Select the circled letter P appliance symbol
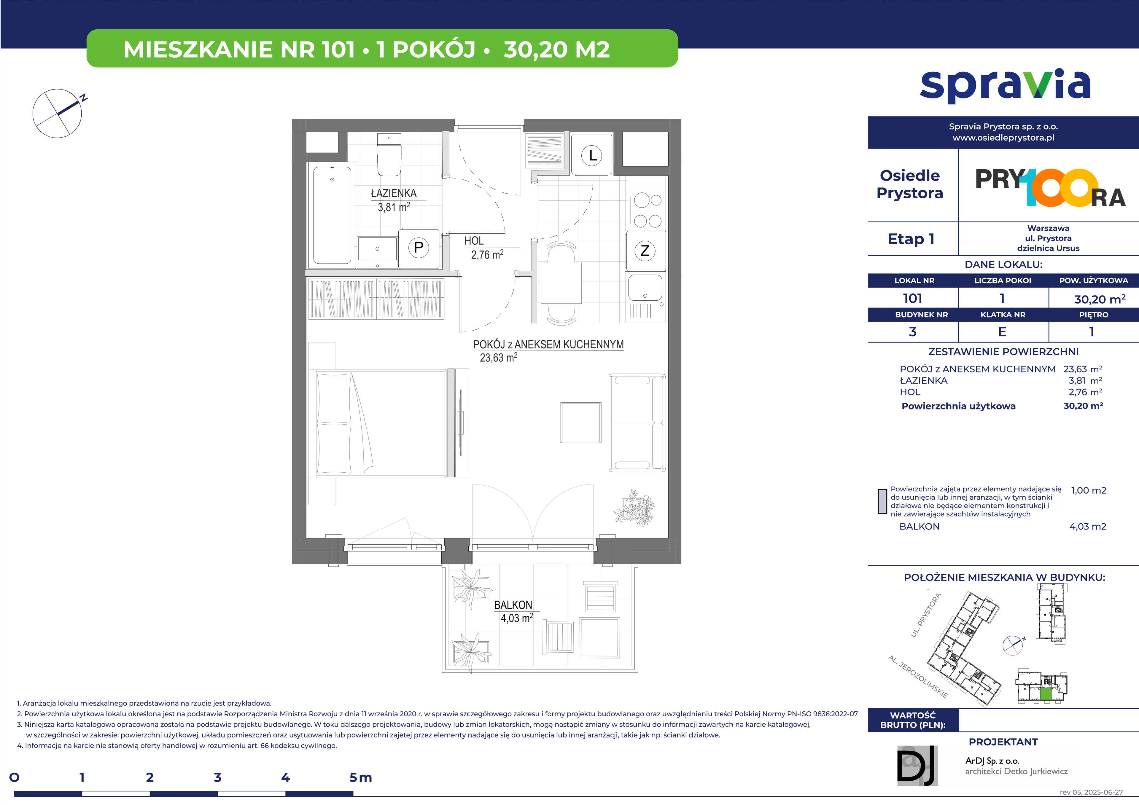click(419, 248)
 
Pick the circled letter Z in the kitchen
click(645, 251)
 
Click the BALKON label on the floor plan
click(513, 605)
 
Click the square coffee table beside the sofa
click(581, 423)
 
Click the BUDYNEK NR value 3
click(912, 332)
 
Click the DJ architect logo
click(917, 765)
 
